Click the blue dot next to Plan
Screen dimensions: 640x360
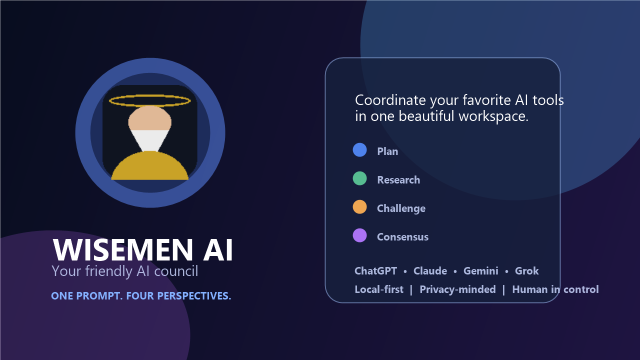(359, 150)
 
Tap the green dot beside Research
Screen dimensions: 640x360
(359, 178)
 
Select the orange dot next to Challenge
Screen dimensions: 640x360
(359, 207)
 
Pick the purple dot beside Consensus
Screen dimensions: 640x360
(359, 235)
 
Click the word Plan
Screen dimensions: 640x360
(387, 151)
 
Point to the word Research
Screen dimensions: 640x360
(398, 180)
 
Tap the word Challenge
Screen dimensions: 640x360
(401, 208)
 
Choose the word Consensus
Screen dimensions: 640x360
(402, 237)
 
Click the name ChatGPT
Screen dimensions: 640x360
(375, 271)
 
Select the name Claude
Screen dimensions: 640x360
(430, 271)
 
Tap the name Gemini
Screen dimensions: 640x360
(481, 271)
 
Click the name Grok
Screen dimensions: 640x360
(527, 271)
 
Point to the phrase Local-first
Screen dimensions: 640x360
(379, 289)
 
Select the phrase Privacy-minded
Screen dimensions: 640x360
(457, 289)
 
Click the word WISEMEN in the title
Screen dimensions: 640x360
(123, 250)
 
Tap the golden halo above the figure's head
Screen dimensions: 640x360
(149, 100)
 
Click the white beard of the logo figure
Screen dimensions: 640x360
(149, 140)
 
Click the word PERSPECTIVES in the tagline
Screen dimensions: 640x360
(194, 296)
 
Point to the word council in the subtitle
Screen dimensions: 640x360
(176, 271)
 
